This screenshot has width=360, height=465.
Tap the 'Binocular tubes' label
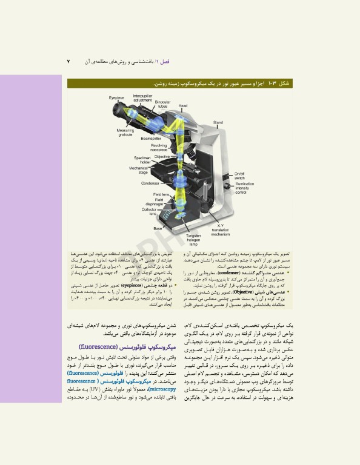[x=162, y=104]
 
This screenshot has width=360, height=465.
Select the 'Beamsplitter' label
[x=151, y=139]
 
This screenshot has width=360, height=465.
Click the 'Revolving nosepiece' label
[x=158, y=147]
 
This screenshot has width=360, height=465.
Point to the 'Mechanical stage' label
[x=138, y=170]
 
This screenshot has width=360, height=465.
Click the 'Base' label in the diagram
[x=158, y=228]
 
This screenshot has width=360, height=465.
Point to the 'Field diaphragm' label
[x=159, y=202]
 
